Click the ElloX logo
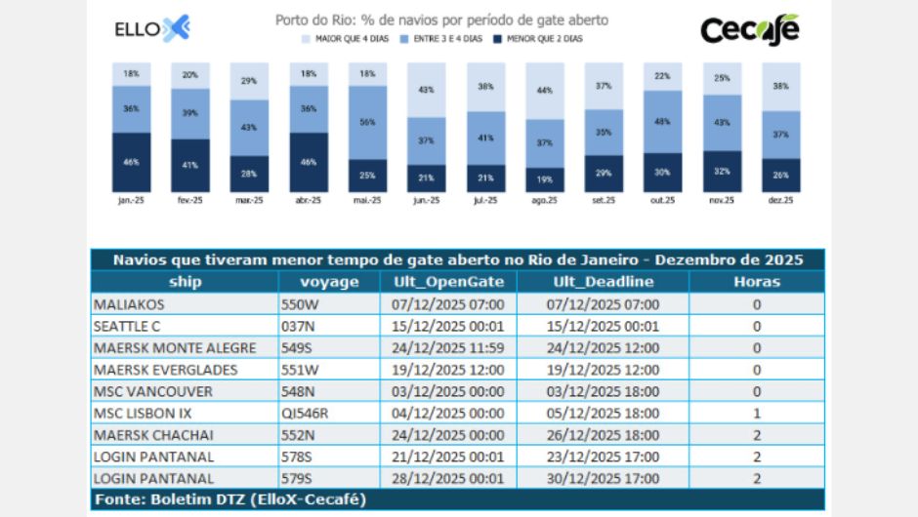click(151, 28)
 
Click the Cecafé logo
click(750, 29)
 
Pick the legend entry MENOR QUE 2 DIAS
click(541, 39)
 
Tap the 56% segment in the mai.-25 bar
click(368, 122)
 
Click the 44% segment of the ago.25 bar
click(545, 91)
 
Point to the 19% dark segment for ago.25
click(545, 179)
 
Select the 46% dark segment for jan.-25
click(131, 162)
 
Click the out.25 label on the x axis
click(663, 200)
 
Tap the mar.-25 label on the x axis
click(249, 200)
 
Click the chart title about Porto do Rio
click(441, 20)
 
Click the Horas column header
click(756, 282)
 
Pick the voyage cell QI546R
click(305, 413)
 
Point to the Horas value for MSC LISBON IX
click(756, 413)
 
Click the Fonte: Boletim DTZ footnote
click(229, 499)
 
